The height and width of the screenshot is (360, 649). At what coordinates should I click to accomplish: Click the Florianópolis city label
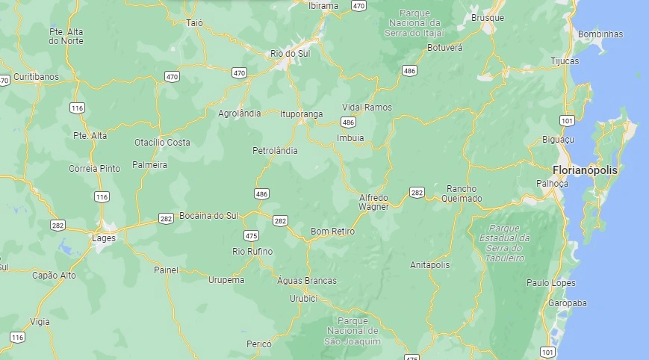point(586,170)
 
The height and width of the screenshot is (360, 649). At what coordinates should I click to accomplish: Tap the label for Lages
point(103,238)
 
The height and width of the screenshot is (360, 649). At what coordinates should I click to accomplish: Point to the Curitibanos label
point(36,77)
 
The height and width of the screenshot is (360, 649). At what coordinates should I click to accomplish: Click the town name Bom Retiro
point(332,232)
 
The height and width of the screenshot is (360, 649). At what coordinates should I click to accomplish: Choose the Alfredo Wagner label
point(373,202)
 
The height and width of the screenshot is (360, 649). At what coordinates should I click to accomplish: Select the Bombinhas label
point(600,34)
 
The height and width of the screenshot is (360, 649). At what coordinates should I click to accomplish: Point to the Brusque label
point(488,18)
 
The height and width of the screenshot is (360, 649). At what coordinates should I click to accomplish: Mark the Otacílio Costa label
point(162,142)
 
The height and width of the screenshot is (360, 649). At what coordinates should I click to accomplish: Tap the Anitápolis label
point(430,265)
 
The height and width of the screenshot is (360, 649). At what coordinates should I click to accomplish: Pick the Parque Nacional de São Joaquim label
point(354,330)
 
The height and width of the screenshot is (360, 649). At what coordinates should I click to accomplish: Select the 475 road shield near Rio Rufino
point(251,235)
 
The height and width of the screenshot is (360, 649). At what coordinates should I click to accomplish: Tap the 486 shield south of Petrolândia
point(261,194)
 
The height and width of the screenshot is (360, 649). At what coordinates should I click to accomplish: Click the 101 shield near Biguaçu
point(567,120)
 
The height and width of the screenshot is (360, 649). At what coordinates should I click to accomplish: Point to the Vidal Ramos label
point(367,107)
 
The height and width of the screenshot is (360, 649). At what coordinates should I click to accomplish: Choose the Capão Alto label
point(54,275)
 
